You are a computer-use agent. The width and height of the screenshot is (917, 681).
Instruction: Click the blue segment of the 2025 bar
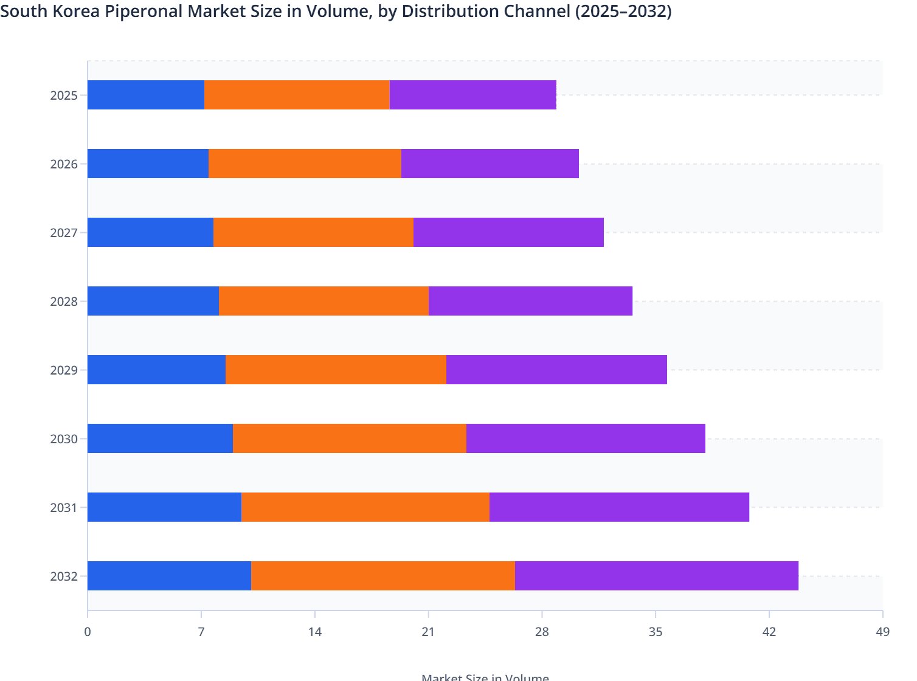146,95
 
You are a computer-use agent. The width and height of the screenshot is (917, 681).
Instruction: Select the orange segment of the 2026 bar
305,164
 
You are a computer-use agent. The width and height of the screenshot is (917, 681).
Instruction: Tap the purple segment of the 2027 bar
508,232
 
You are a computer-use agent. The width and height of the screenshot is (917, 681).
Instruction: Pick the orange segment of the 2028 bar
324,301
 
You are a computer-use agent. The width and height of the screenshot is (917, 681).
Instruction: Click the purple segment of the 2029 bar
556,370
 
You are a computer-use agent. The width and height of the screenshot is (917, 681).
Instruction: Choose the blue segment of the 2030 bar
161,438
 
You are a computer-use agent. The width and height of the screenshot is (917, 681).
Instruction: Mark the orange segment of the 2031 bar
365,507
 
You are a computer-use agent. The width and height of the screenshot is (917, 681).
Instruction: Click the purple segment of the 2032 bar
657,576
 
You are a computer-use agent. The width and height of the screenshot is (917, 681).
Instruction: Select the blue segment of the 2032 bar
169,576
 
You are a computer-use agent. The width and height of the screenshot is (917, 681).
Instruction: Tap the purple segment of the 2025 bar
472,95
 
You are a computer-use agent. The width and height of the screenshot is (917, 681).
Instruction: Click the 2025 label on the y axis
64,95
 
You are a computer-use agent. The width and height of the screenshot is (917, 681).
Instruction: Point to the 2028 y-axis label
64,302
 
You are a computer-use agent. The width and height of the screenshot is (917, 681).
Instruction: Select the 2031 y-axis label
64,508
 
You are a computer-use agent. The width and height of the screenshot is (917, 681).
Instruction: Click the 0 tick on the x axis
88,632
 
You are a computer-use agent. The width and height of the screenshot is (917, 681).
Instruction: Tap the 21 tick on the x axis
428,632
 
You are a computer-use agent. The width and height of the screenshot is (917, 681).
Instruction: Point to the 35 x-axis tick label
656,632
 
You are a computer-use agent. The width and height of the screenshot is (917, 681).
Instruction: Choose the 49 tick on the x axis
882,632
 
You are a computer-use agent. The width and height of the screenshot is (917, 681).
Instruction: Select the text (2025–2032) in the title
623,12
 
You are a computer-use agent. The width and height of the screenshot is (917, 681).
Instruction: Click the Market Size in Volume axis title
485,677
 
